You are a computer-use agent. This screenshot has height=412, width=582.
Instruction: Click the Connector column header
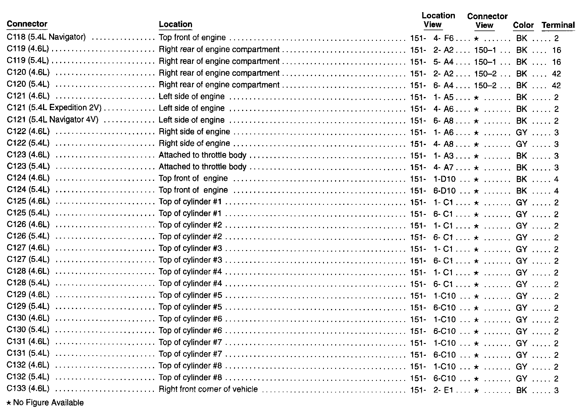(27, 24)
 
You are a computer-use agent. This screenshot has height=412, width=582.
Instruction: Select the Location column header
(175, 24)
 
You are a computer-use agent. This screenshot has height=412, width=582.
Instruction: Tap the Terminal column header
(558, 25)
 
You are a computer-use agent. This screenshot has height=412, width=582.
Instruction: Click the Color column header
(523, 25)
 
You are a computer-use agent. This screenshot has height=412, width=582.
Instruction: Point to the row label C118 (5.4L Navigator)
(46, 37)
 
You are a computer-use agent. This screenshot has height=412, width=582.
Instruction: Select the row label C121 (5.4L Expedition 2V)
(54, 108)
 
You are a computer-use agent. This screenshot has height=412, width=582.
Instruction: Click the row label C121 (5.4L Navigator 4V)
(52, 120)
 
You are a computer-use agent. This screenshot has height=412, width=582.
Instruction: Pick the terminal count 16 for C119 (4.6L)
(556, 50)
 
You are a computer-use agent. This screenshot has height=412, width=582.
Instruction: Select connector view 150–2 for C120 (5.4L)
(485, 86)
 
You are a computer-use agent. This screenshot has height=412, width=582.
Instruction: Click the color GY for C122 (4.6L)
(521, 132)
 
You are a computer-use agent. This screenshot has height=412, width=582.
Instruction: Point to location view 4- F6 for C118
(443, 38)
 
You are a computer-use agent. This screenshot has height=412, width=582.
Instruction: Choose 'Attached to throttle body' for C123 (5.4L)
(202, 167)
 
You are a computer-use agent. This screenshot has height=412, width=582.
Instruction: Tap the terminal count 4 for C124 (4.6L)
(556, 179)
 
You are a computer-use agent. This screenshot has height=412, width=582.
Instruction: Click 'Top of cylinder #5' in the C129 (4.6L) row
(190, 295)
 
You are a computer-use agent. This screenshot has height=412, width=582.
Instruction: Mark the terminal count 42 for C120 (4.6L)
(556, 74)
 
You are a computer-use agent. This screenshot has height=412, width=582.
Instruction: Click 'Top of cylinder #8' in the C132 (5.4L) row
(190, 377)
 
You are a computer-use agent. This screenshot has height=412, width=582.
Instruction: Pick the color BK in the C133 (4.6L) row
(521, 390)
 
